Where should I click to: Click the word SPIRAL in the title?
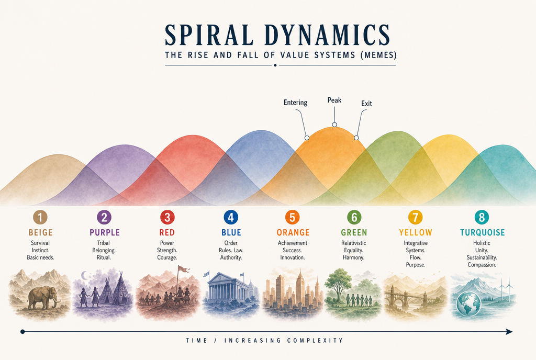tap(209, 35)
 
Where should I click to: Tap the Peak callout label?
tap(334, 100)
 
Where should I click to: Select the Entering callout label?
tap(295, 103)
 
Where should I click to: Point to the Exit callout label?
tap(366, 104)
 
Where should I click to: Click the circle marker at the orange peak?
tap(334, 125)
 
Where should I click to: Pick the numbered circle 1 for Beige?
tap(40, 217)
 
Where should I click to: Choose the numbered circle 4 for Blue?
tap(231, 217)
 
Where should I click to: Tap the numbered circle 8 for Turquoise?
tap(482, 217)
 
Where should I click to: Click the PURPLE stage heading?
tap(105, 233)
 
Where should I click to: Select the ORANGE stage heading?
tap(293, 233)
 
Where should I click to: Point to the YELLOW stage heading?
tap(415, 233)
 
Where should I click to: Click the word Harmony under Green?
tap(353, 257)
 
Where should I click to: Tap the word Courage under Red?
tap(167, 257)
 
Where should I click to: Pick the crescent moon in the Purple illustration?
tap(84, 275)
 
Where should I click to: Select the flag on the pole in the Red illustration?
tap(184, 269)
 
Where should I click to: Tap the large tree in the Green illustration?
tap(338, 284)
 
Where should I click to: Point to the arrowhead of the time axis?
tap(509, 332)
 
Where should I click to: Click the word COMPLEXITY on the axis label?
tap(315, 341)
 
